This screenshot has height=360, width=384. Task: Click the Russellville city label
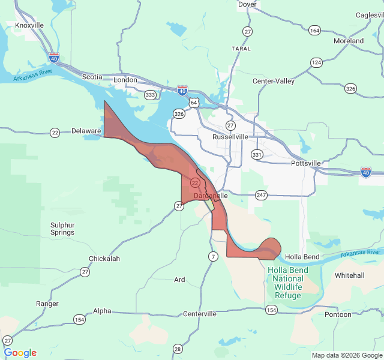(230, 137)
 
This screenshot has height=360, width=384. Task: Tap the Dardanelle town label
(211, 196)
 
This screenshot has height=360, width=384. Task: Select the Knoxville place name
(29, 25)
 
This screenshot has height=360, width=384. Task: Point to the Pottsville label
(306, 163)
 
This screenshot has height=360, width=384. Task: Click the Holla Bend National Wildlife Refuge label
(287, 283)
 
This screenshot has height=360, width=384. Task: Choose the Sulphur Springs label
(62, 229)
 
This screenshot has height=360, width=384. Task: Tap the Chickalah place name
(104, 259)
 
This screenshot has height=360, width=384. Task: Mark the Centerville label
(199, 314)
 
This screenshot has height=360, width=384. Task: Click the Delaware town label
(86, 131)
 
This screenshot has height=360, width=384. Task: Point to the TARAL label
(241, 49)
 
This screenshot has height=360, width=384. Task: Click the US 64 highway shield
(194, 103)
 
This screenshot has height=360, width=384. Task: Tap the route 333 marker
(151, 95)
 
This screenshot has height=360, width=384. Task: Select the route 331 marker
(257, 154)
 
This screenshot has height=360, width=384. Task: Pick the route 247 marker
(261, 195)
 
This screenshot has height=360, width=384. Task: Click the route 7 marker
(213, 257)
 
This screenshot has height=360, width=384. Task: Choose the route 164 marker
(314, 30)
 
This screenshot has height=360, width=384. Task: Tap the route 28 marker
(177, 349)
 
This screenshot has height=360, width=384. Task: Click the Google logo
(20, 353)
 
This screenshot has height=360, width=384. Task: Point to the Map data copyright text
(346, 355)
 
